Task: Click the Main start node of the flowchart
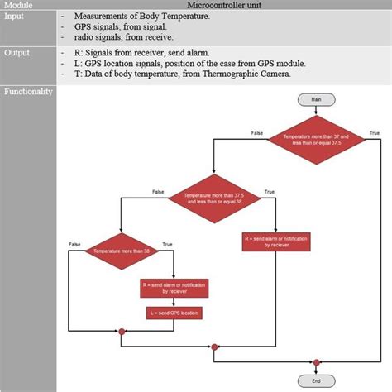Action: click(316, 99)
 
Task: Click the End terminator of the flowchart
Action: click(316, 381)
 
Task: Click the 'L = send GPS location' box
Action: click(174, 313)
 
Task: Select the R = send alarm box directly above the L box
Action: click(174, 288)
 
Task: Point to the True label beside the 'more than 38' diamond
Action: click(168, 243)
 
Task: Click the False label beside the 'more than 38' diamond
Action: click(74, 243)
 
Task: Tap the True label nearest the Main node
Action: click(374, 132)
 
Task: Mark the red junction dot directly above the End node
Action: click(316, 361)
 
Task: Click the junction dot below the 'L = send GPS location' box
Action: click(122, 332)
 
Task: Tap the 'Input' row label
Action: click(15, 16)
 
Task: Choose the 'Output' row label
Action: click(17, 51)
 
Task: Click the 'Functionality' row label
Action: click(29, 91)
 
